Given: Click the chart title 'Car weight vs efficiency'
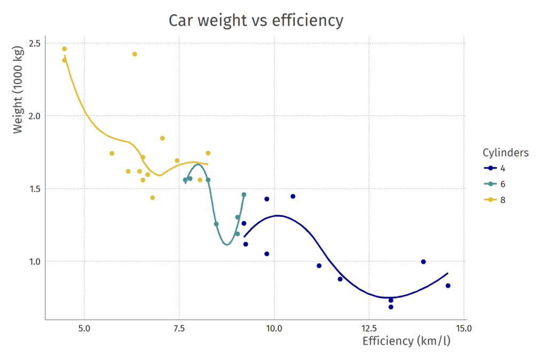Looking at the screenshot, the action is tap(256, 20).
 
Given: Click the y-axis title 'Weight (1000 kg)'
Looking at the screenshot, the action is tap(18, 90).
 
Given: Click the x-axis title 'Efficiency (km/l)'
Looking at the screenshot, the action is tap(407, 341).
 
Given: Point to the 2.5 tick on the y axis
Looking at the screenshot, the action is tap(35, 43).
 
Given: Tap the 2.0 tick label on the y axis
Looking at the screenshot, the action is tap(35, 116).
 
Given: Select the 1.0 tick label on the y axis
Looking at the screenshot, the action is tap(35, 261).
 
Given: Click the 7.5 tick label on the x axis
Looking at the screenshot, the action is tap(179, 328).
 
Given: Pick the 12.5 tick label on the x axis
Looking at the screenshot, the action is tap(369, 328).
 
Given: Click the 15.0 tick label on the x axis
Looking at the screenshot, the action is tap(464, 328).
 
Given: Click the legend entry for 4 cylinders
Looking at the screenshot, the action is tap(495, 168).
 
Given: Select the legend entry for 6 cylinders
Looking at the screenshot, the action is tap(495, 184).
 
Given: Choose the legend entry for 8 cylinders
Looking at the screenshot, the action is tap(495, 200).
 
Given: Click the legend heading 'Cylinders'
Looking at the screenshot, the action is tap(505, 152).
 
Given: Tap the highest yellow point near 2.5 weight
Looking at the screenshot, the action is tap(65, 49).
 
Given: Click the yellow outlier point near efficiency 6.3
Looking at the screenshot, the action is tap(135, 54).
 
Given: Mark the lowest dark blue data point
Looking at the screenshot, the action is tap(390, 307).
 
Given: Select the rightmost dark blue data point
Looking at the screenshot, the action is tap(448, 286).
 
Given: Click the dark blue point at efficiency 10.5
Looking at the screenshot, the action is tap(293, 197).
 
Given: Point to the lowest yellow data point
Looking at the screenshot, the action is tap(152, 198).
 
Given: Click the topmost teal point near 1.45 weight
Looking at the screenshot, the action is tap(244, 194).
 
